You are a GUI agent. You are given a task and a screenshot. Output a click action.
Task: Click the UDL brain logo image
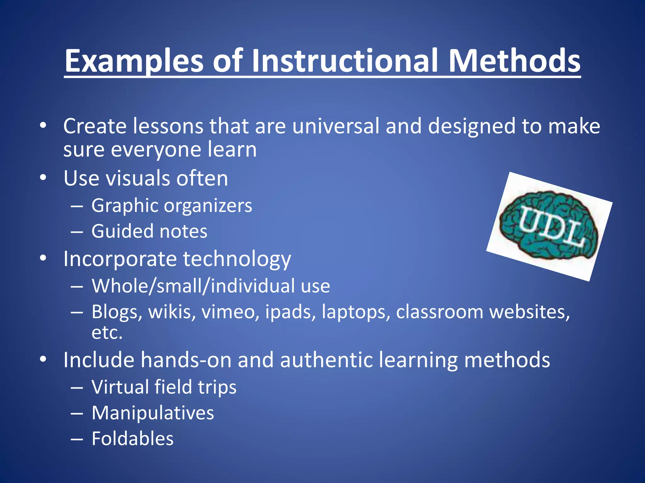point(549,226)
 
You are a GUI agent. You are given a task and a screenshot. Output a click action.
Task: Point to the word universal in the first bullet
point(336,126)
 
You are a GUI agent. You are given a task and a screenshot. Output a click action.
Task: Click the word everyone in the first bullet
point(156,149)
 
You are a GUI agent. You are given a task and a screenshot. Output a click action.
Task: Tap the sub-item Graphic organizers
point(172,206)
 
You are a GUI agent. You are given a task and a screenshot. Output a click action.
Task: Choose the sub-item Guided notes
point(149,231)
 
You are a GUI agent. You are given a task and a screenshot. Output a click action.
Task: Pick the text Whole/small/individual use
point(211,286)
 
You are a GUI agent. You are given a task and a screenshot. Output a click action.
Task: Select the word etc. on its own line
point(107,333)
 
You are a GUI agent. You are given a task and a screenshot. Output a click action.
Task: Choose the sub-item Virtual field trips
point(164,387)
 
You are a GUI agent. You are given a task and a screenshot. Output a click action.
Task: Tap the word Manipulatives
point(153,413)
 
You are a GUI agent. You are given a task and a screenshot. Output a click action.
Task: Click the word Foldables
point(133,438)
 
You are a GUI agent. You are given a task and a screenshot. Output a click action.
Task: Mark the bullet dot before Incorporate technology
point(43,258)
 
